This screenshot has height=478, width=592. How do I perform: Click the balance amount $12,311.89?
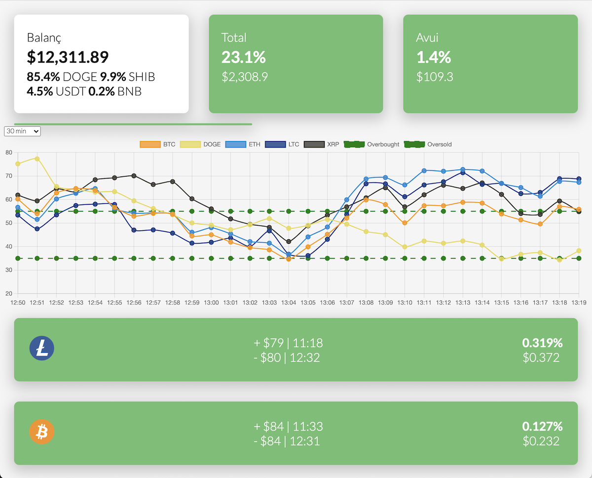click(68, 57)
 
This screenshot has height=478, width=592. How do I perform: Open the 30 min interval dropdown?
click(22, 131)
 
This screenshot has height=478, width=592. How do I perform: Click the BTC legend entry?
click(157, 145)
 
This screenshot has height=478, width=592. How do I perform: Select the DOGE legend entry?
click(200, 145)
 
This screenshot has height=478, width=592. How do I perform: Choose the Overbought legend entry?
click(371, 145)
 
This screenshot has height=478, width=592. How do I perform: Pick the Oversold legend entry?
click(427, 145)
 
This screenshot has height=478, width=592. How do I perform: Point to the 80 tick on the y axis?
click(9, 152)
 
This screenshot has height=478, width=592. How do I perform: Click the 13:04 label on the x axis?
click(289, 302)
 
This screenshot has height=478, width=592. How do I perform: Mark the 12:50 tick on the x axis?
click(18, 302)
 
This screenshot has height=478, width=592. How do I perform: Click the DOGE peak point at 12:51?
click(37, 159)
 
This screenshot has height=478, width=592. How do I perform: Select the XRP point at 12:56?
click(134, 176)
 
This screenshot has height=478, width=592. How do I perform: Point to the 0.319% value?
click(542, 343)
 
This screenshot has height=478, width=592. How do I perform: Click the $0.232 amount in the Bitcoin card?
click(541, 441)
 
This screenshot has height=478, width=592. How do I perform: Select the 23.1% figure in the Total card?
click(244, 57)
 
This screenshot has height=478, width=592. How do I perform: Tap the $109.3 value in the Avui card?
click(435, 77)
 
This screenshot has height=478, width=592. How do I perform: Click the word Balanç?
click(44, 37)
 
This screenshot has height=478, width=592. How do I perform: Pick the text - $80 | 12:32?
click(287, 357)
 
